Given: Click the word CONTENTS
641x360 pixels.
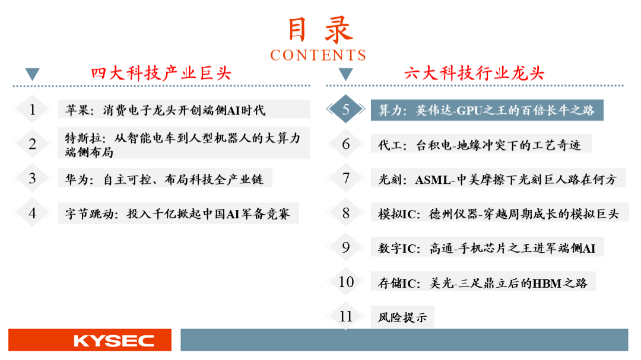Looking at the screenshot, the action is coord(318,55).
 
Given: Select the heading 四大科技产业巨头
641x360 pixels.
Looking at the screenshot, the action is coord(161,74).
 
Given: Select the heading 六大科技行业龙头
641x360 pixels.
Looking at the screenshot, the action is coord(474,74).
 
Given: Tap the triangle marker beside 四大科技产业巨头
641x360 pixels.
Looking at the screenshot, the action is coord(32,74).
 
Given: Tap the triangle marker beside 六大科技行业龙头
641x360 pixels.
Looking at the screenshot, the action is coord(346,74).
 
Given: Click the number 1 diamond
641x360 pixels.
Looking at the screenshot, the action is coord(32,109).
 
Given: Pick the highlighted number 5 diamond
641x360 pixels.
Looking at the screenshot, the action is coord(346,109).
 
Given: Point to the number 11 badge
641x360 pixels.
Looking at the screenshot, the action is coord(346,316).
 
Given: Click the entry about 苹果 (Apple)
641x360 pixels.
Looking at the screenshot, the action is coord(165,110).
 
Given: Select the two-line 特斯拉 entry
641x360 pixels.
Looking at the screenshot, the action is coord(183,145).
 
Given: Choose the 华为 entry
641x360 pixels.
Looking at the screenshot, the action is coord(164,179).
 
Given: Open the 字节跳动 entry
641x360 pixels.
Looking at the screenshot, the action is coord(177,214).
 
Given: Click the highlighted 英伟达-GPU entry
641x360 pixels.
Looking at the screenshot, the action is coord(487,110).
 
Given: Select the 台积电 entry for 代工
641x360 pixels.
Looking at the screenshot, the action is coord(479,145).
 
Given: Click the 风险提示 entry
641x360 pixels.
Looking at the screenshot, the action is coord(402,317).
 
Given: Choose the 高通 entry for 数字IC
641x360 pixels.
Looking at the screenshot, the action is coord(487,249).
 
